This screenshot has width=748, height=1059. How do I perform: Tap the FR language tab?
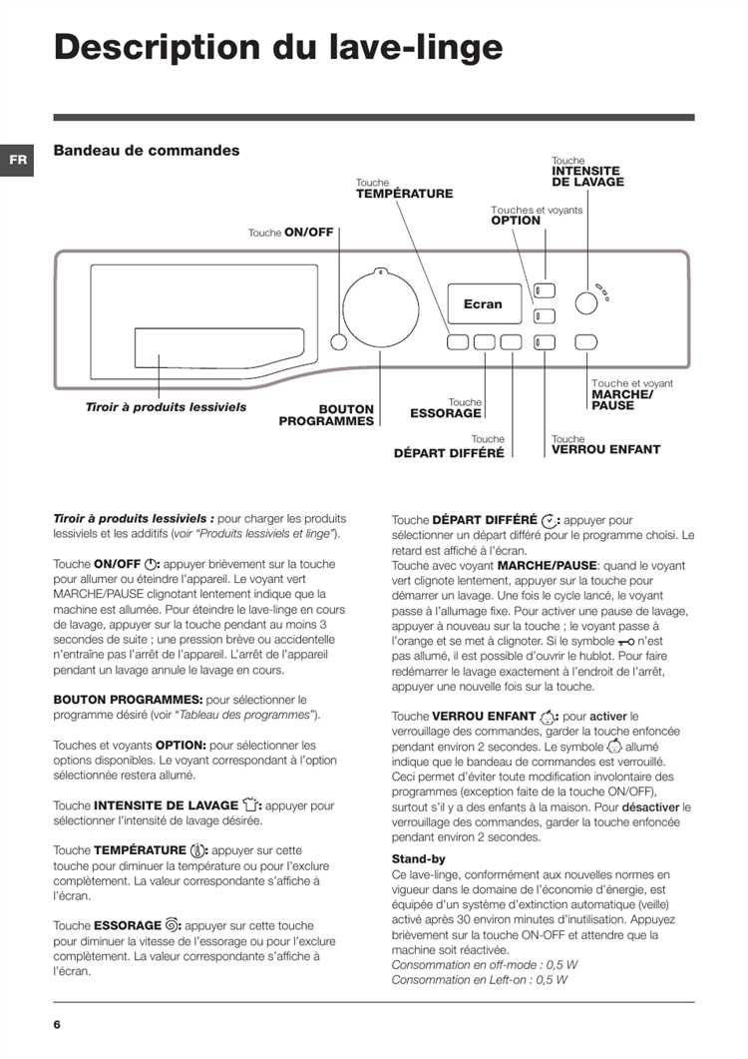tap(17, 161)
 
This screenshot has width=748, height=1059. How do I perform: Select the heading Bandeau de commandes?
tap(146, 151)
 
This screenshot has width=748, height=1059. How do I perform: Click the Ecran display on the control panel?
tap(483, 303)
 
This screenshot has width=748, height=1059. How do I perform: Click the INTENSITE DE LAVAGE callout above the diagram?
tap(587, 177)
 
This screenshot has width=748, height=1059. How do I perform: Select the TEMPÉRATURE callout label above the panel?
tap(404, 194)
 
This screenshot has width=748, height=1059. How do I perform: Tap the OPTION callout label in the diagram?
tap(516, 221)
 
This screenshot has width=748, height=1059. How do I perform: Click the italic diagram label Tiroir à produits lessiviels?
tap(166, 407)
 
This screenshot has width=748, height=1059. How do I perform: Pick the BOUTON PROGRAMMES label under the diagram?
tap(327, 415)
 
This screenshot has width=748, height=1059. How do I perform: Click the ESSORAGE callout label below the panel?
tap(446, 412)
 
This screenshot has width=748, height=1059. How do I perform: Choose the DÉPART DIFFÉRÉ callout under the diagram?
tap(449, 451)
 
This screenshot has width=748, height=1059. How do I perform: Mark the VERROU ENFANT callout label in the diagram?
tap(605, 449)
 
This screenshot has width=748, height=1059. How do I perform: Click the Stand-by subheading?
tap(418, 858)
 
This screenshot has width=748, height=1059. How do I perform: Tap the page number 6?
tap(58, 1024)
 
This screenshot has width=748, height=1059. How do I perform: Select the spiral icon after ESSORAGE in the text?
tap(173, 925)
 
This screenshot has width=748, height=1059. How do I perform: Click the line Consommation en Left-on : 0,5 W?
tap(479, 979)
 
